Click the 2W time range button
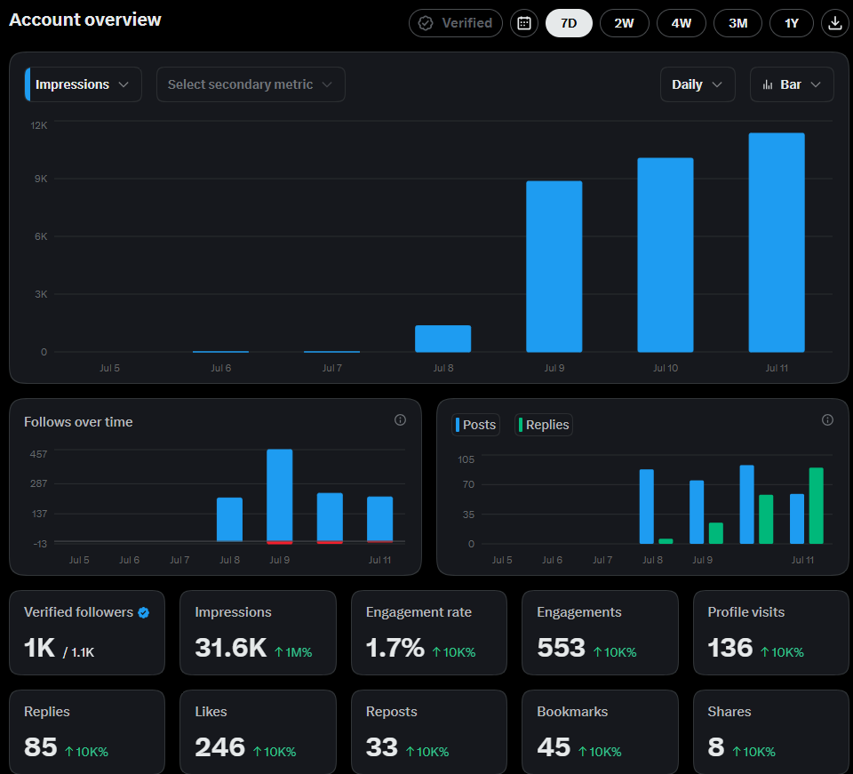(624, 23)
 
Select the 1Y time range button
(792, 23)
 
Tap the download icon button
(834, 23)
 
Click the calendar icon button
(524, 23)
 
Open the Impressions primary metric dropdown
(84, 84)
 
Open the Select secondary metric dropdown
(251, 84)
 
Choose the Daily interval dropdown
(698, 84)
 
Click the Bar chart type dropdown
(792, 84)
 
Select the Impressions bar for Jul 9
(554, 267)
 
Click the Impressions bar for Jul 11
(777, 243)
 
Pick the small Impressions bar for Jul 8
(442, 339)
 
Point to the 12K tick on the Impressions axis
(38, 125)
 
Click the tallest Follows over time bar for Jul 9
(280, 496)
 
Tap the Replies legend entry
(544, 425)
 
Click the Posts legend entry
(475, 425)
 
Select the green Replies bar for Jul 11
(816, 506)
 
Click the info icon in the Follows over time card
(400, 420)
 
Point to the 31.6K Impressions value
(231, 648)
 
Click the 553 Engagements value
(561, 648)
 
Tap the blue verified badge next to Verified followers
(144, 613)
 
